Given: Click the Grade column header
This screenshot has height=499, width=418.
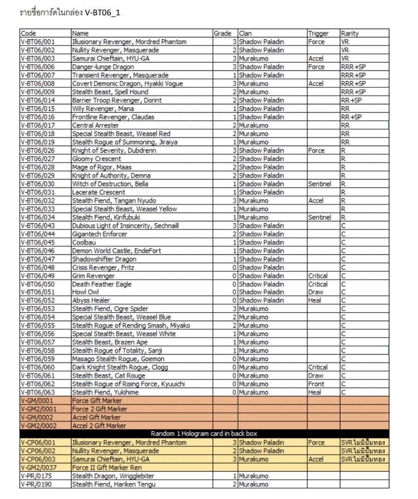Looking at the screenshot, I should click(x=222, y=33).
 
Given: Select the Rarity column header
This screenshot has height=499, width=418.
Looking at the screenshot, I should click(x=349, y=33).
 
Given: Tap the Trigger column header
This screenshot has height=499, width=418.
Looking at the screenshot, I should click(x=318, y=33).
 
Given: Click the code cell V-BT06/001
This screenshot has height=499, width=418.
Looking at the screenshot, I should click(x=38, y=42).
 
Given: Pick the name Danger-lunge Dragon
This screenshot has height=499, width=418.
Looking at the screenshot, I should click(x=103, y=67).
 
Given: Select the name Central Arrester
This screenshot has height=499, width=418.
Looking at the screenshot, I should click(x=96, y=125).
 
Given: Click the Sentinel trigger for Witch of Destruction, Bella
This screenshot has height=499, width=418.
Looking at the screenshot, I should click(x=320, y=184).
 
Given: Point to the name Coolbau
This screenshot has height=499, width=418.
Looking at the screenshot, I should click(x=84, y=242).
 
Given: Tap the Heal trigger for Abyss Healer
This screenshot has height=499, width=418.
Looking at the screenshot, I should click(x=315, y=301).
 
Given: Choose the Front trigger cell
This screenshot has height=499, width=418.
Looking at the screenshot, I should click(x=316, y=384).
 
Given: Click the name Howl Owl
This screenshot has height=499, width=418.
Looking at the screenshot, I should click(x=86, y=292).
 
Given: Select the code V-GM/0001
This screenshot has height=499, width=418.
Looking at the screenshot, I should click(x=37, y=401).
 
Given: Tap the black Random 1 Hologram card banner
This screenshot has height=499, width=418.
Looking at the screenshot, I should click(x=204, y=434).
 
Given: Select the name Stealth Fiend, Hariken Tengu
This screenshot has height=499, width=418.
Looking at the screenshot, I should click(x=114, y=484).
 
